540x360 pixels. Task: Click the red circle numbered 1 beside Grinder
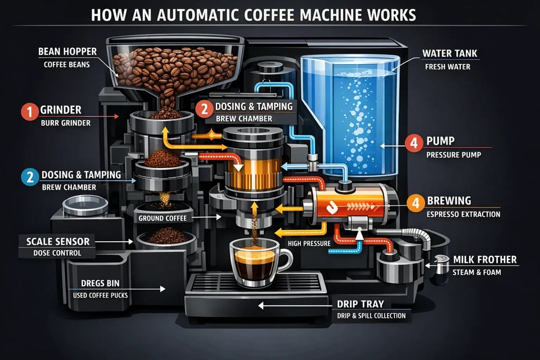click(28, 111)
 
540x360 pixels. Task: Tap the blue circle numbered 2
click(28, 177)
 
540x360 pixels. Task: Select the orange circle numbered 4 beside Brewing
click(415, 203)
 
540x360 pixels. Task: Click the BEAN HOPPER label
click(67, 52)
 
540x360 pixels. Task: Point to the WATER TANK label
click(449, 54)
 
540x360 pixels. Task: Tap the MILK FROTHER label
click(484, 260)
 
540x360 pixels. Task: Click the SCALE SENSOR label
click(57, 241)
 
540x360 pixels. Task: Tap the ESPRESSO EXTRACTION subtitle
click(463, 214)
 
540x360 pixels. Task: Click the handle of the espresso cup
click(286, 261)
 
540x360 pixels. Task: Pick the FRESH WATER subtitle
click(447, 67)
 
